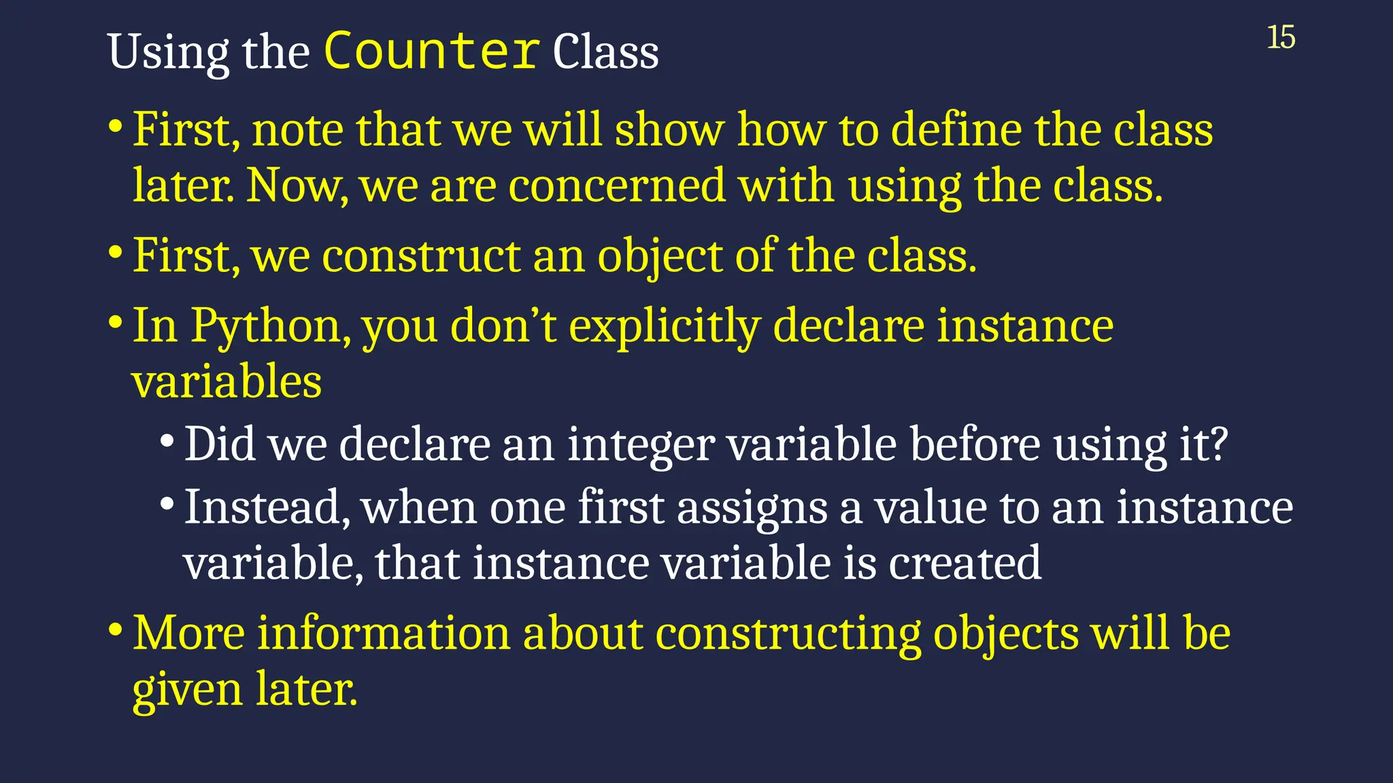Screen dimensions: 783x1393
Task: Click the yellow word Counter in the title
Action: coord(432,51)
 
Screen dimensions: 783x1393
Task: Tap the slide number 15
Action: coord(1281,37)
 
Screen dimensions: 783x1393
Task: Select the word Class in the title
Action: coord(605,52)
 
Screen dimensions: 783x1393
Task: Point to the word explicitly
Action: coord(664,327)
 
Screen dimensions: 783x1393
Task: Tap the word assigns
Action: coord(752,509)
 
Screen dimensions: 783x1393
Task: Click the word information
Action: coord(384,633)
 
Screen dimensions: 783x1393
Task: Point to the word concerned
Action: coord(617,186)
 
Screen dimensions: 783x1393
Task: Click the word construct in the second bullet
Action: coord(421,256)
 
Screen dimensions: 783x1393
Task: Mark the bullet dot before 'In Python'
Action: coord(116,321)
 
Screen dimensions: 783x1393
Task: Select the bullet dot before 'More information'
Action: coord(116,628)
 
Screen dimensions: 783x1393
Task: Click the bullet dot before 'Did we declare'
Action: coord(167,440)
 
